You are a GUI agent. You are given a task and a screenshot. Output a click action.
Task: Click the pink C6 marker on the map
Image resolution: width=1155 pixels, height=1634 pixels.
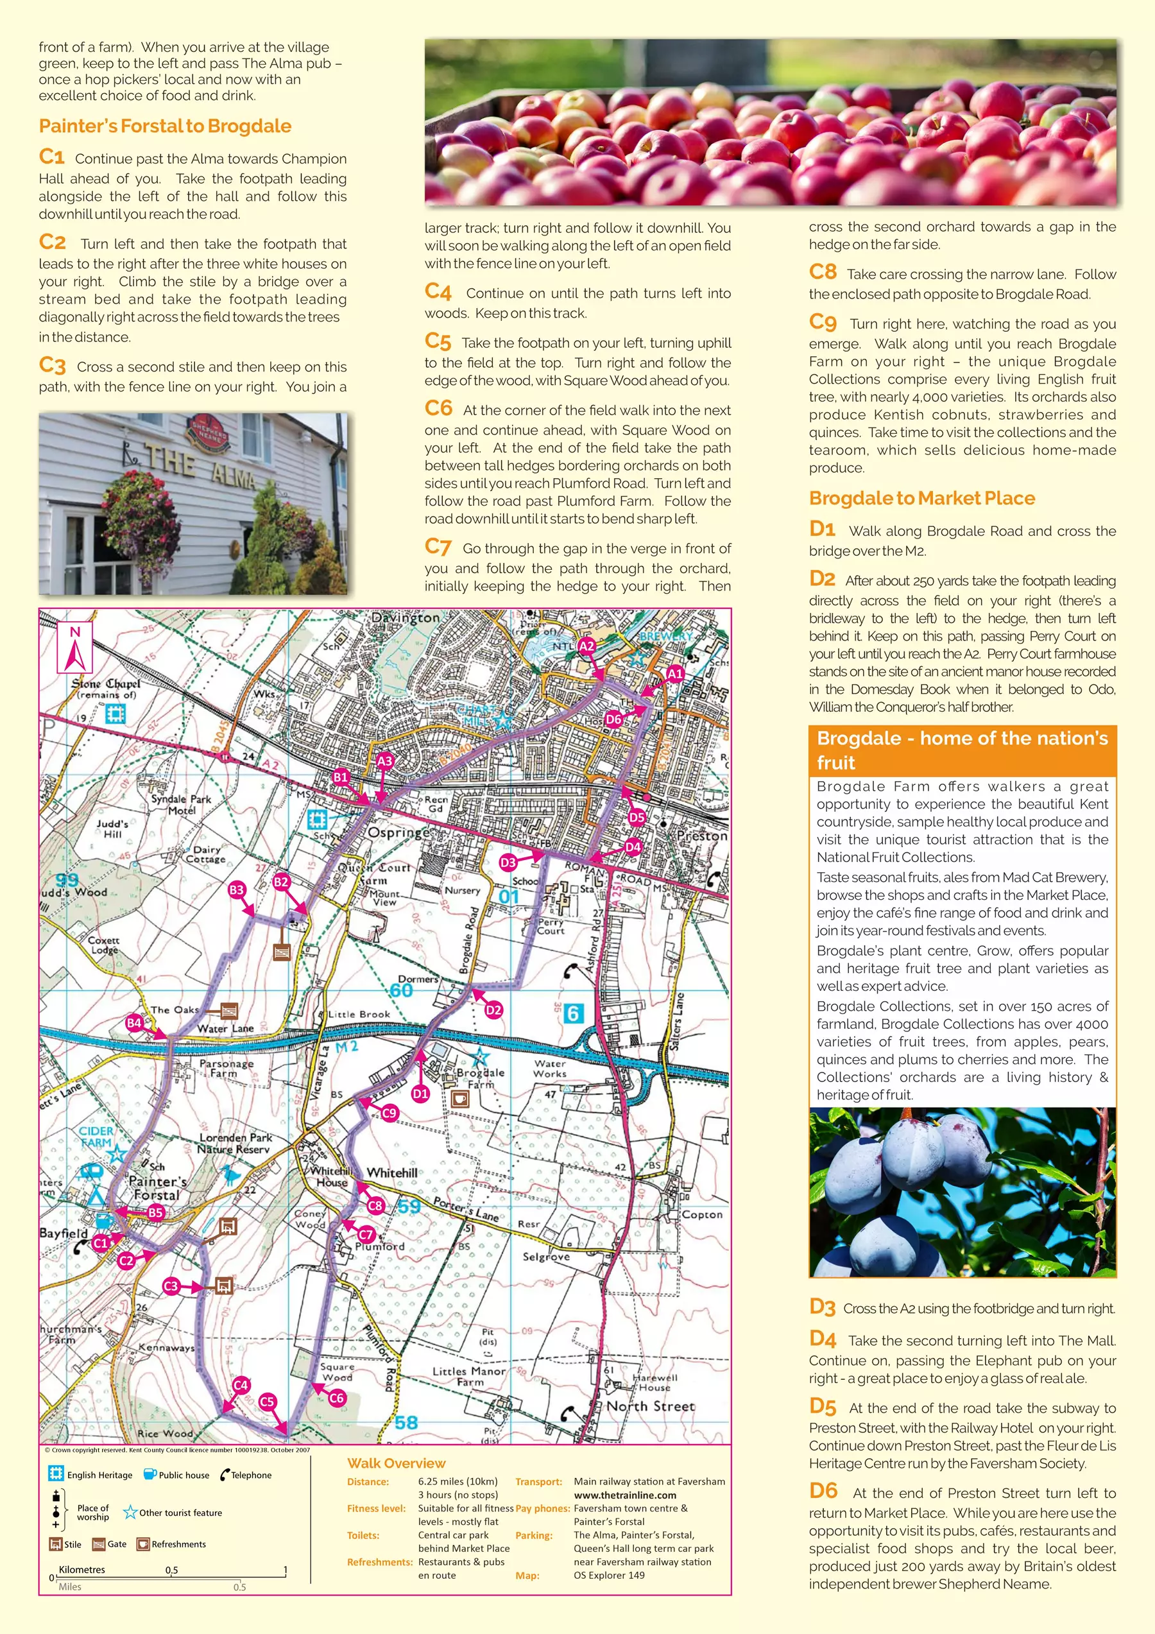(336, 1398)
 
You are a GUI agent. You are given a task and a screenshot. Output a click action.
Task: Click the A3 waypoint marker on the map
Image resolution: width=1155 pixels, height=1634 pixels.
(384, 761)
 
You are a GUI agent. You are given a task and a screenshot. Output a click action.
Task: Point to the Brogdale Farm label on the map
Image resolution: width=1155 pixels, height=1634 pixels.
(481, 1078)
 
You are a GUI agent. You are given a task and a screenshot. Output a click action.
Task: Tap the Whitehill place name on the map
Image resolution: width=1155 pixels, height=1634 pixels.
(392, 1172)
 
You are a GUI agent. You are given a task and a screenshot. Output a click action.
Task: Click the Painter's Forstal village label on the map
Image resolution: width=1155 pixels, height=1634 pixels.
(157, 1188)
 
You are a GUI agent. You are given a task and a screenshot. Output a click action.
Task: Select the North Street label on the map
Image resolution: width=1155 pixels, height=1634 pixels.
(651, 1406)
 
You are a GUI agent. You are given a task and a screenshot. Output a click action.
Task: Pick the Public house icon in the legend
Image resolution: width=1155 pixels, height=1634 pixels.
(150, 1474)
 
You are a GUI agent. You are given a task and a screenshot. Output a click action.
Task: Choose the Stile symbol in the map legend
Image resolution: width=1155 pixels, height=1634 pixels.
(56, 1544)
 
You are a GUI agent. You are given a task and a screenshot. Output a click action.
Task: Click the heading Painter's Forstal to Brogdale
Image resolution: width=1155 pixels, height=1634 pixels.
(165, 126)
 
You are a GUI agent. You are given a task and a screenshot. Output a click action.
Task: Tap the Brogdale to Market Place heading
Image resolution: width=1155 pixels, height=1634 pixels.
(921, 498)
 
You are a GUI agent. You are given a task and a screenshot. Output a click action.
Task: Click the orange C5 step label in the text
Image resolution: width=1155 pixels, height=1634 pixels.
(438, 342)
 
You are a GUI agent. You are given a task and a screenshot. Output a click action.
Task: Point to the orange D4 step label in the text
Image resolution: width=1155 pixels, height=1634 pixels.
(822, 1339)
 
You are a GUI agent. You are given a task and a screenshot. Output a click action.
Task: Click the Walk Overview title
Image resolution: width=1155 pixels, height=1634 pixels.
(397, 1463)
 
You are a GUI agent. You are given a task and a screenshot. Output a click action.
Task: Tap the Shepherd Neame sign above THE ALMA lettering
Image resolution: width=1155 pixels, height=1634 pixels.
(208, 436)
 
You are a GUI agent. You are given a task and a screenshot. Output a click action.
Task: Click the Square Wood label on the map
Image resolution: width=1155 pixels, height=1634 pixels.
(337, 1372)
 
